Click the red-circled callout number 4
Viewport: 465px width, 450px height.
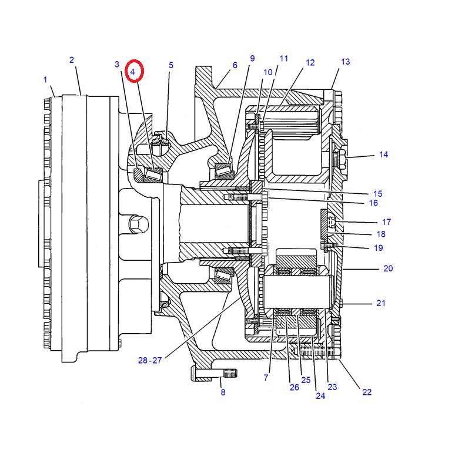(132, 72)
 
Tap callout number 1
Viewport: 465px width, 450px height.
(45, 80)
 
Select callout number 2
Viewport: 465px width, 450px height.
(72, 60)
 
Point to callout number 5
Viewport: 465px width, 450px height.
(171, 65)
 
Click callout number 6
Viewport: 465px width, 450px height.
(235, 65)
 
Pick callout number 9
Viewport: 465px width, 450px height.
(252, 58)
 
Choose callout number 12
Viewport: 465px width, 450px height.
(310, 62)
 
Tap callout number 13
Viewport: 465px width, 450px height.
(346, 62)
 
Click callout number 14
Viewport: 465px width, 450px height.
(383, 155)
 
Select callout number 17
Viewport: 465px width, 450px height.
(386, 222)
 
